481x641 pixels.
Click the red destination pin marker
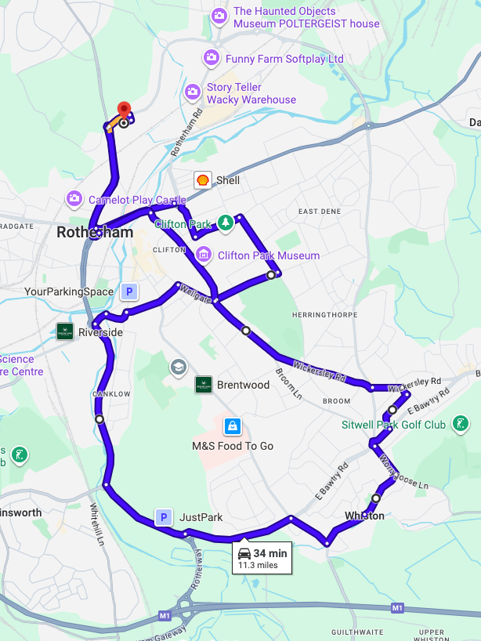point(123,110)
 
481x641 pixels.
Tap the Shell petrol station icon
point(202,180)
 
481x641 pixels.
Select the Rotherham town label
point(95,233)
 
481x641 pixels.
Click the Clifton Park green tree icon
point(225,223)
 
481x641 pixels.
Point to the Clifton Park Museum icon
point(204,254)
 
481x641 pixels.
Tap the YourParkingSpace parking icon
point(129,292)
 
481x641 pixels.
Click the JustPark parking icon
point(164,517)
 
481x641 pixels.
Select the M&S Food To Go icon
point(232,426)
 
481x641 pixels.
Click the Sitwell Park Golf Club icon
point(461,425)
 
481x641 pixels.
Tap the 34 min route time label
point(270,553)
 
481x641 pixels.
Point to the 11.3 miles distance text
point(258,565)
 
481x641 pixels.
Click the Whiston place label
point(364,516)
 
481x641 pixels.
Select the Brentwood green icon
point(204,385)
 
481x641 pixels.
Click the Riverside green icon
point(65,331)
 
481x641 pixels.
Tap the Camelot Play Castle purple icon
point(74,199)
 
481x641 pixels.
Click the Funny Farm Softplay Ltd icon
point(211,58)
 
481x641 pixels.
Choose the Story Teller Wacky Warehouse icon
point(193,92)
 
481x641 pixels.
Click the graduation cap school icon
point(179,367)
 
